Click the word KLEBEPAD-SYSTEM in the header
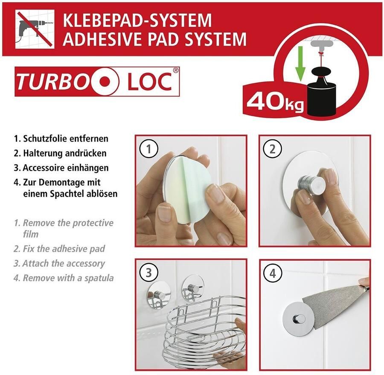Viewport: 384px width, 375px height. tap(137, 20)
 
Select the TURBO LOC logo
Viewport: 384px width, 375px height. tap(98, 81)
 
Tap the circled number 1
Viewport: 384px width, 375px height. tap(149, 149)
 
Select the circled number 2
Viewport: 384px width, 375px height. tap(272, 149)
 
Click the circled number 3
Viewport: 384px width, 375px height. tap(149, 272)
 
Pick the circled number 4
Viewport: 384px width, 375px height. tap(272, 272)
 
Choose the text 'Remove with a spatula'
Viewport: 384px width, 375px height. tap(68, 278)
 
